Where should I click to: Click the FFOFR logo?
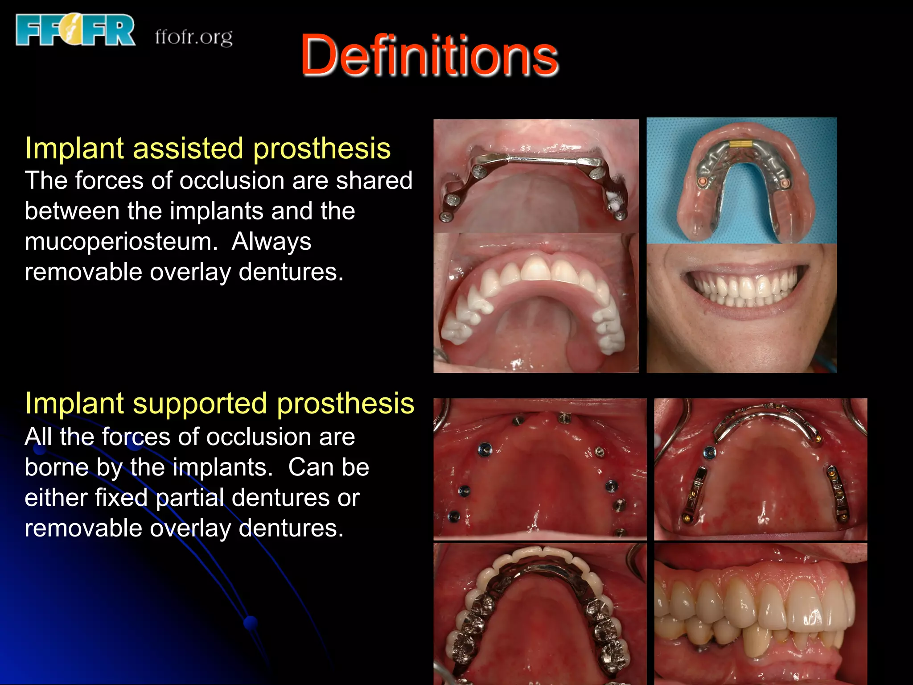(75, 30)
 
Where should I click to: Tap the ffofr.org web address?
(193, 37)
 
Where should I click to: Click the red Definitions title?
(429, 56)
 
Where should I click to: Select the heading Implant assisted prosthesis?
(208, 148)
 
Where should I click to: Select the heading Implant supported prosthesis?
(219, 403)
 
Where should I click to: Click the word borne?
(56, 467)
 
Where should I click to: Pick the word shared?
(374, 181)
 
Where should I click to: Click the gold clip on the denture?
(741, 144)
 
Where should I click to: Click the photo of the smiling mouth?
(741, 308)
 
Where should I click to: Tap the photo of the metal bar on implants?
(536, 176)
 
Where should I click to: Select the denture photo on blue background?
(741, 180)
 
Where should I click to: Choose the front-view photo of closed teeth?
(761, 614)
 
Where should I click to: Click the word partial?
(190, 498)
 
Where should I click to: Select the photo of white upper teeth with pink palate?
(536, 303)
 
